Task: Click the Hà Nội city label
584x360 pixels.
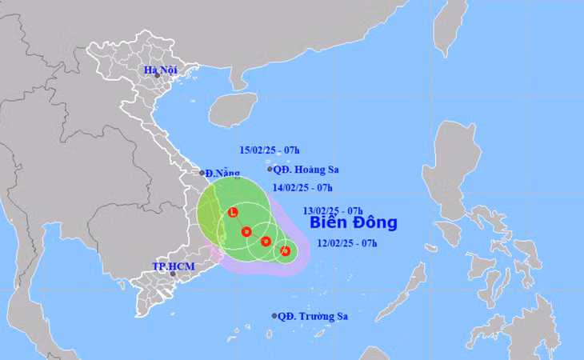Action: [160, 70]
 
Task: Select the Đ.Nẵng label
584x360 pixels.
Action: [218, 173]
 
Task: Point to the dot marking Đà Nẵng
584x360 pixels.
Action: [202, 172]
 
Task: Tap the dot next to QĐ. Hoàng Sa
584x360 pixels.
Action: [270, 169]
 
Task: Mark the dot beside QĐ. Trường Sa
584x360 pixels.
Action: [274, 316]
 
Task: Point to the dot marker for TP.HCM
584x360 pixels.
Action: [173, 274]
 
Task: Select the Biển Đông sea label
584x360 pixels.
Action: [353, 222]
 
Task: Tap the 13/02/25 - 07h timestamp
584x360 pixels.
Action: [334, 211]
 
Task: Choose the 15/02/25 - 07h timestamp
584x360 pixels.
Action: [270, 150]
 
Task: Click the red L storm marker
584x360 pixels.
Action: [233, 213]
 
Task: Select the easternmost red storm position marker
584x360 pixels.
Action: [285, 252]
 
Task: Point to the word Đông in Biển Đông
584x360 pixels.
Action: [374, 222]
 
